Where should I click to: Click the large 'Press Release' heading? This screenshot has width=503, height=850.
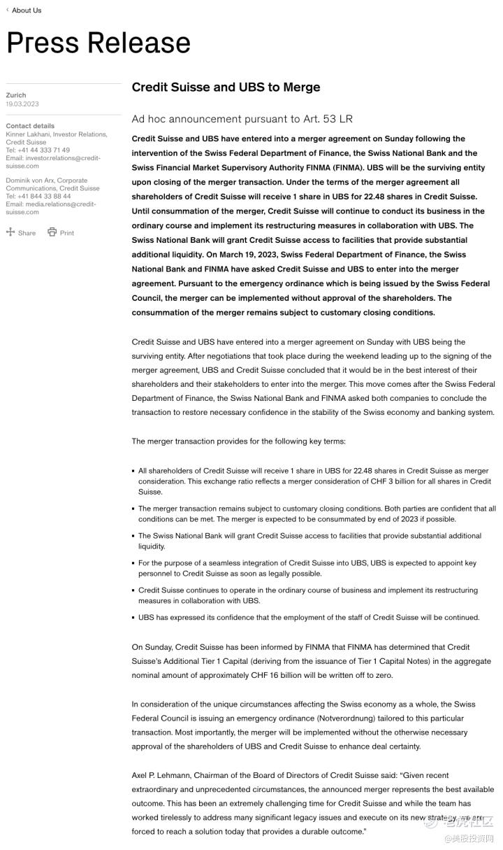99,43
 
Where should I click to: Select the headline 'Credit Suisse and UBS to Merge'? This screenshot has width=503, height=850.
226,87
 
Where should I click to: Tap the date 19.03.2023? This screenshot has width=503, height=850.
22,104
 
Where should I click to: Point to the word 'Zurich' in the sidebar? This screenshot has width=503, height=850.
16,95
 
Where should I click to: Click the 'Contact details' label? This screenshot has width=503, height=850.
30,126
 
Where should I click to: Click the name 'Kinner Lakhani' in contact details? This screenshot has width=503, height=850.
29,134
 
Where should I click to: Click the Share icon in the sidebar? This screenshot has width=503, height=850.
10,232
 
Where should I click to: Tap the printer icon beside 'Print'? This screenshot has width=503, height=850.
52,232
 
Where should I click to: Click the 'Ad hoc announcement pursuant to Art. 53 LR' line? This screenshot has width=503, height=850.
242,119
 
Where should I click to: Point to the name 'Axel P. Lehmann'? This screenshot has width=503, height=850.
160,776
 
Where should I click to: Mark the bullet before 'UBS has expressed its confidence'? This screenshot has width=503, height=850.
133,618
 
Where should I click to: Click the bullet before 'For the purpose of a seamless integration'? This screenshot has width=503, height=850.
133,563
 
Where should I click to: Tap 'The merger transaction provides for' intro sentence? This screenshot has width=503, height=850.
238,441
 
